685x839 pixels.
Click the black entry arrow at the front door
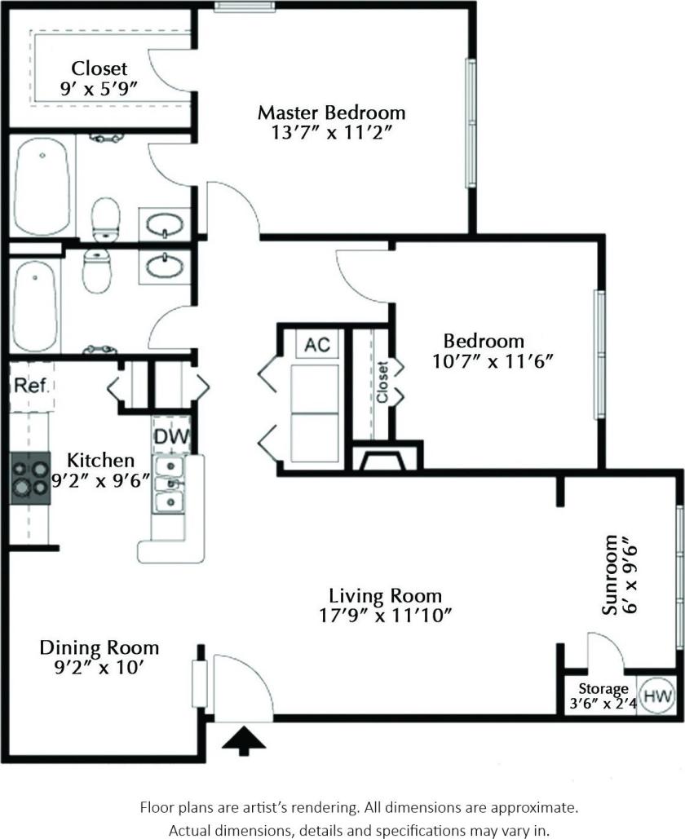244,740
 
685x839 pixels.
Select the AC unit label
316,345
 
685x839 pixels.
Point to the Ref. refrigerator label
31,386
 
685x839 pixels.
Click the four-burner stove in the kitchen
30,479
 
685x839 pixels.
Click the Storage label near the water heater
603,689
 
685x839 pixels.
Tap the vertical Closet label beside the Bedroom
382,382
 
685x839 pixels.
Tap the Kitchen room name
100,461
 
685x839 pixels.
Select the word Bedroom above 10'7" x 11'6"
483,341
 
